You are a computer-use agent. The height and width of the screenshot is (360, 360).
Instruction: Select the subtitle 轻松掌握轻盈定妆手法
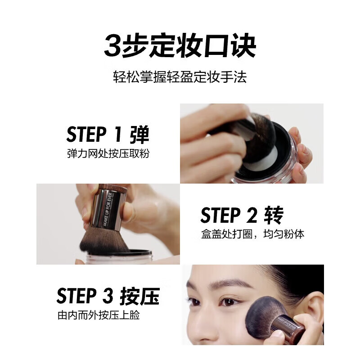pos(180,77)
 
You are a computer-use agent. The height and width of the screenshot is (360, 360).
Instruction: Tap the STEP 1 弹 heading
pos(108,134)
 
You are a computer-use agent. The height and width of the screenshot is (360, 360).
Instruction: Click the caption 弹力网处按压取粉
pos(108,154)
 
